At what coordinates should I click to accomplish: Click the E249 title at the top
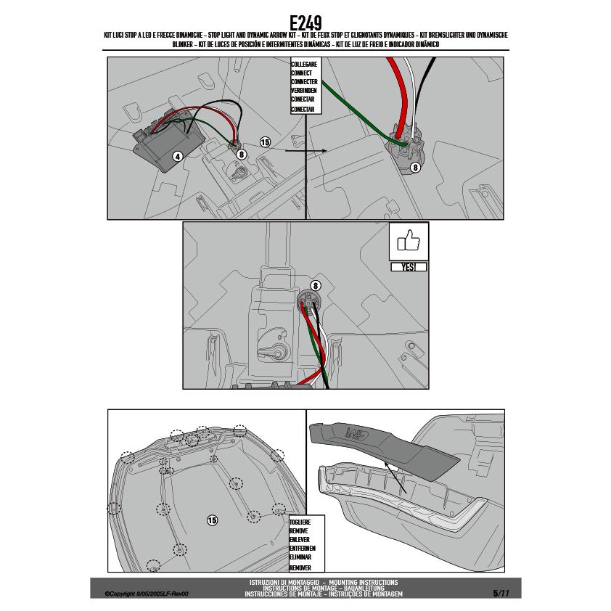coord(306,23)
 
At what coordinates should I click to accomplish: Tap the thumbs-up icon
coord(409,240)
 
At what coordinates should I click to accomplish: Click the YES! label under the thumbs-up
coord(409,267)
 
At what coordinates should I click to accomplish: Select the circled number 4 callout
coord(178,157)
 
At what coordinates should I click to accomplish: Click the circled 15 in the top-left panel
coord(265,142)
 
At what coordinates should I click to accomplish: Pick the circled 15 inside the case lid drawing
coord(212,520)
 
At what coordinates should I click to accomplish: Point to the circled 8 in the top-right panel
coord(415,167)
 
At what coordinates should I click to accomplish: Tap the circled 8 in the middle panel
coord(315,286)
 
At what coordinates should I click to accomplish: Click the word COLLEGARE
coord(304,64)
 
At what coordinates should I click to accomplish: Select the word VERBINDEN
coord(304,91)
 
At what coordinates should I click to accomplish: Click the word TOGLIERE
coord(300,522)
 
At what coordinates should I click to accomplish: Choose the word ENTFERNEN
coord(303,549)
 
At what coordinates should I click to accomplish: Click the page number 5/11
coord(501,594)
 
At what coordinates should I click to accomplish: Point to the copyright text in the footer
coord(147,594)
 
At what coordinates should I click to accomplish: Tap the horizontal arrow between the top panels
coord(306,151)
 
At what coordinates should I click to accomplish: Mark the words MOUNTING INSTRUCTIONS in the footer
coord(364,582)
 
